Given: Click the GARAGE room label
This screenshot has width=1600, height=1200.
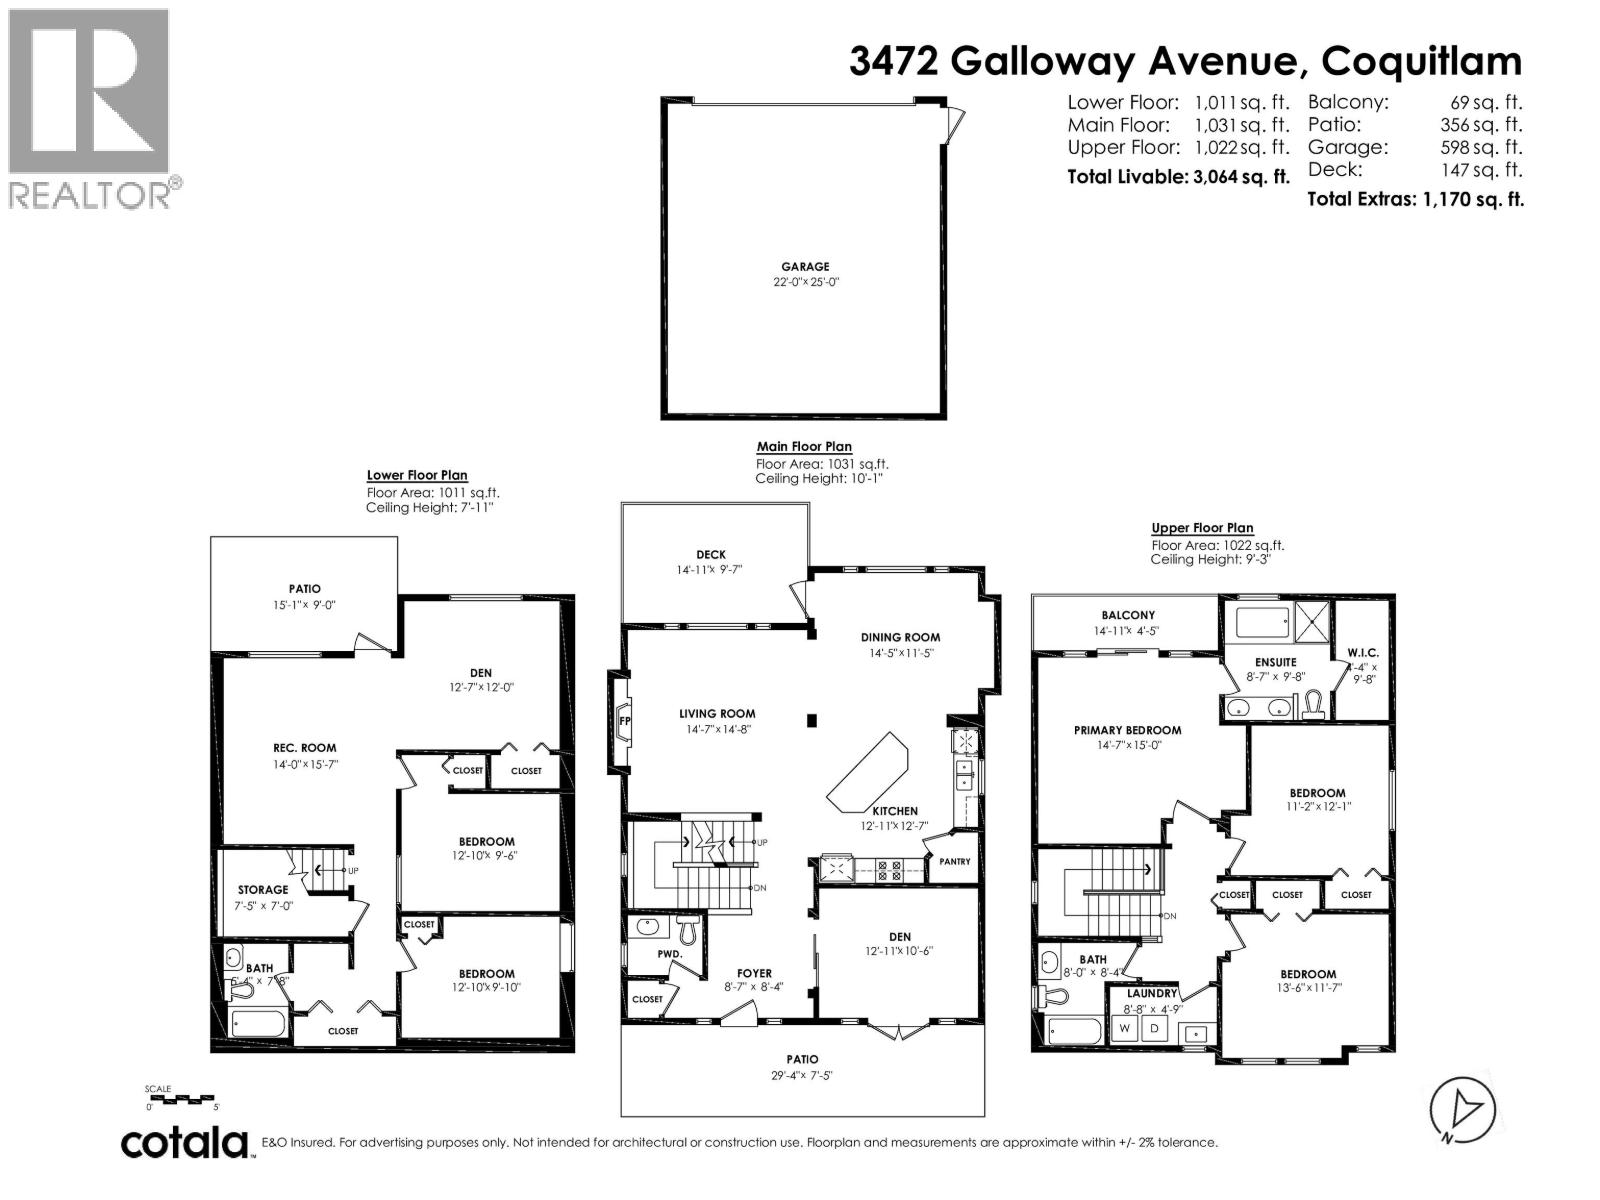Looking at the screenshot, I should [x=805, y=267].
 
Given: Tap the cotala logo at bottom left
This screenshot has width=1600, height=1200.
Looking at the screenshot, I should [x=185, y=1143].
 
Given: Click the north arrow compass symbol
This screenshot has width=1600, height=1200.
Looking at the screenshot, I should [x=1462, y=1110].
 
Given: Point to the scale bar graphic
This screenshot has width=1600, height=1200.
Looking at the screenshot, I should [x=182, y=1099].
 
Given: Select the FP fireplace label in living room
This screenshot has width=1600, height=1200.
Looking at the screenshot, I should [x=625, y=720].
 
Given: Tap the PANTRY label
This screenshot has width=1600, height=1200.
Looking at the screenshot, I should [x=955, y=861].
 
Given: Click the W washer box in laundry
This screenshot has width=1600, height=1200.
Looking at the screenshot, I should [x=1125, y=1029].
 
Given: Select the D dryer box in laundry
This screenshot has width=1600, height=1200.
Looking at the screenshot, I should [x=1154, y=1029].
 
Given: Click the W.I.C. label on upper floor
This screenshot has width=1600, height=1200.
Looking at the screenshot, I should [x=1362, y=652].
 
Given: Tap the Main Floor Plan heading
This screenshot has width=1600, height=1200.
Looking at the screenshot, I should [x=804, y=447].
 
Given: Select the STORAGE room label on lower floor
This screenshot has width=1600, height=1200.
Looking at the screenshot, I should [x=263, y=889].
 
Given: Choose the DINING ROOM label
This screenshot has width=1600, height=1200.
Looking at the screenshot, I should [x=900, y=637].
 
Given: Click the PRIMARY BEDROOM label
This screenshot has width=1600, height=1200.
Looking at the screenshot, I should [x=1127, y=730].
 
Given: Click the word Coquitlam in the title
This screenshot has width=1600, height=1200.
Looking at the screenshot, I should [x=1422, y=61].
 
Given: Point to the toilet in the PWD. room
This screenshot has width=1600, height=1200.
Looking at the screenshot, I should [x=687, y=932].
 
